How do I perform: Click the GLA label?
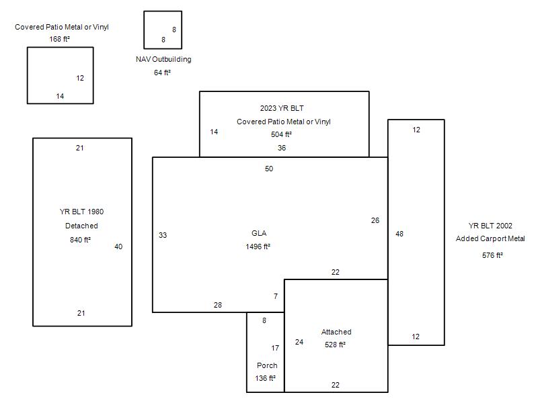click(x=259, y=233)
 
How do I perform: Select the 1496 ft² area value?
click(x=258, y=247)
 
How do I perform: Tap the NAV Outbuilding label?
click(x=163, y=59)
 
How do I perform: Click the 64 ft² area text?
click(x=162, y=73)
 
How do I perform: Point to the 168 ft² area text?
click(x=60, y=39)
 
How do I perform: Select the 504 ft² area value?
click(x=282, y=134)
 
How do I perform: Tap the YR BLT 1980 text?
click(x=81, y=212)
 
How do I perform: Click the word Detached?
click(x=81, y=226)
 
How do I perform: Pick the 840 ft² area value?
click(x=80, y=239)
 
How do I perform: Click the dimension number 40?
click(x=118, y=247)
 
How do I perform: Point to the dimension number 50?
click(x=269, y=169)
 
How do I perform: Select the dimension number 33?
click(x=163, y=235)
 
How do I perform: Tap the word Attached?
click(x=336, y=332)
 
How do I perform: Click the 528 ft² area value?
click(x=335, y=345)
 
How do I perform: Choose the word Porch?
click(x=267, y=365)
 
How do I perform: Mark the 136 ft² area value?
click(x=266, y=378)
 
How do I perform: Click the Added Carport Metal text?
click(x=490, y=238)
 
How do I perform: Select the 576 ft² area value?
click(x=492, y=255)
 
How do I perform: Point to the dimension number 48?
click(x=399, y=234)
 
